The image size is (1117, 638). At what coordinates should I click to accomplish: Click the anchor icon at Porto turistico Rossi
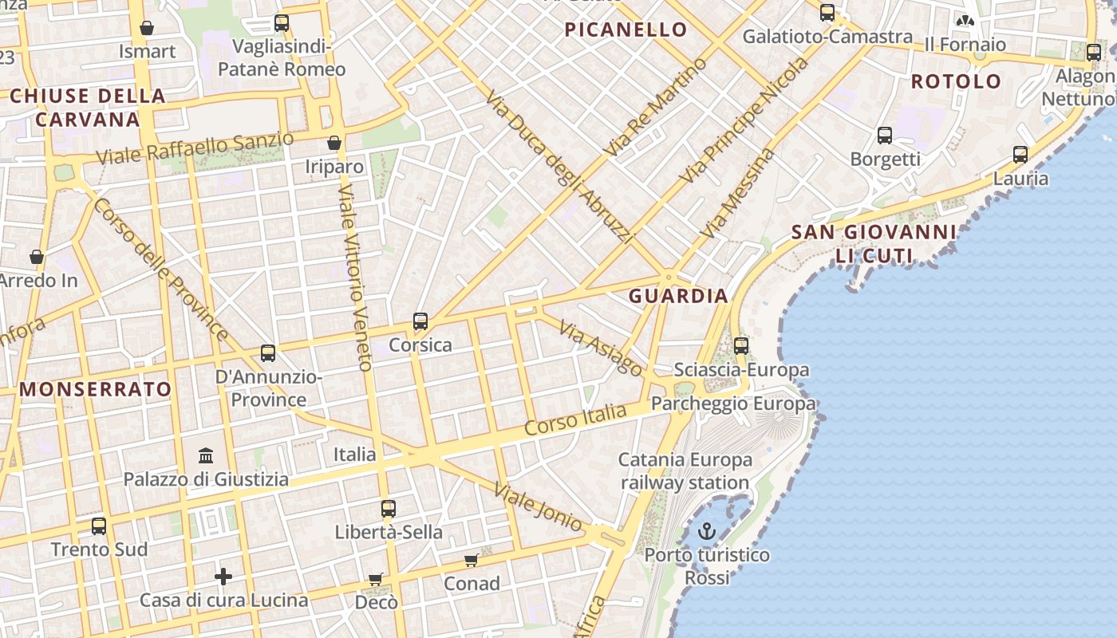click(707, 531)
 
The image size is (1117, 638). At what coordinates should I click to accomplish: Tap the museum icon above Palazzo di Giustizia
click(206, 455)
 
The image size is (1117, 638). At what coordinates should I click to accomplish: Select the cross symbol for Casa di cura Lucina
click(223, 576)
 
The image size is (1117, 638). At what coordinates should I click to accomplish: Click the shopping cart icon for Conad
click(472, 561)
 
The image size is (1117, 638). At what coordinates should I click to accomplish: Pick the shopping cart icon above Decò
click(376, 579)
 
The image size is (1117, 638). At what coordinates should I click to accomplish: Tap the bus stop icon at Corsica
click(420, 321)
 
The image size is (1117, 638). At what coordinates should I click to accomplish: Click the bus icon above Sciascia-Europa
click(741, 346)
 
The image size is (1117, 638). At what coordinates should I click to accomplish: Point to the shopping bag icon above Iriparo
click(334, 143)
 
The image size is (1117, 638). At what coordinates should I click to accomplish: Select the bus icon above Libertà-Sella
click(389, 508)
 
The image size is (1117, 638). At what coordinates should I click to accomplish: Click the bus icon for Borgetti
click(885, 136)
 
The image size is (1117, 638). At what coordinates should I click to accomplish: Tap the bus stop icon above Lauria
click(1020, 155)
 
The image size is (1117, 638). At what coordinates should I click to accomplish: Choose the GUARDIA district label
click(678, 296)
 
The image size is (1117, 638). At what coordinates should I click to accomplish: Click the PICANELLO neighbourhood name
click(626, 30)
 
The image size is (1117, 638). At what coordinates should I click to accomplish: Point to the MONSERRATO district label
click(96, 389)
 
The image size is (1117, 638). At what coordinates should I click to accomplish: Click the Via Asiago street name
click(601, 349)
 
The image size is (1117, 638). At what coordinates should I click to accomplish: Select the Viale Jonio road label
click(538, 506)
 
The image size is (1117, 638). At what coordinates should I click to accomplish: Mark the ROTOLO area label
click(956, 81)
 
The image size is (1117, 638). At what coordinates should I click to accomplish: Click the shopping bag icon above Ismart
click(147, 28)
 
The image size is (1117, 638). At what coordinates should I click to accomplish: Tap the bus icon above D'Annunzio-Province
click(268, 353)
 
